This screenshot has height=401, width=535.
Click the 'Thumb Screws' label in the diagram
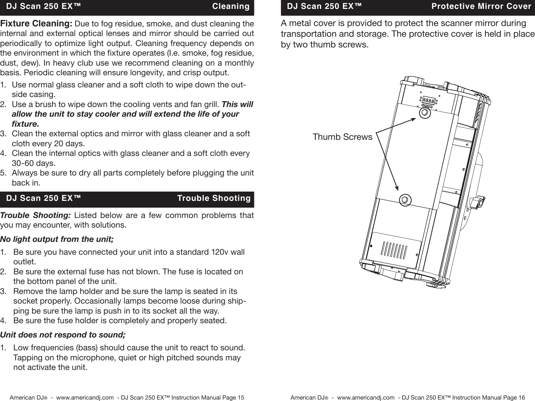(342, 137)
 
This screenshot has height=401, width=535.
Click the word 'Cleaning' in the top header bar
(230, 6)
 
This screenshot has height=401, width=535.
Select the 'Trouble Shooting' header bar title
(214, 198)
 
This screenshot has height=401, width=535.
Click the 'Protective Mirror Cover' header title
(481, 6)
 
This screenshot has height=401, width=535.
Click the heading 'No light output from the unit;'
(57, 239)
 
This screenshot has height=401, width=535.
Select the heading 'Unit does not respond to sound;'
(63, 335)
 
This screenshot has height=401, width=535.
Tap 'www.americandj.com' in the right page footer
(366, 397)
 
